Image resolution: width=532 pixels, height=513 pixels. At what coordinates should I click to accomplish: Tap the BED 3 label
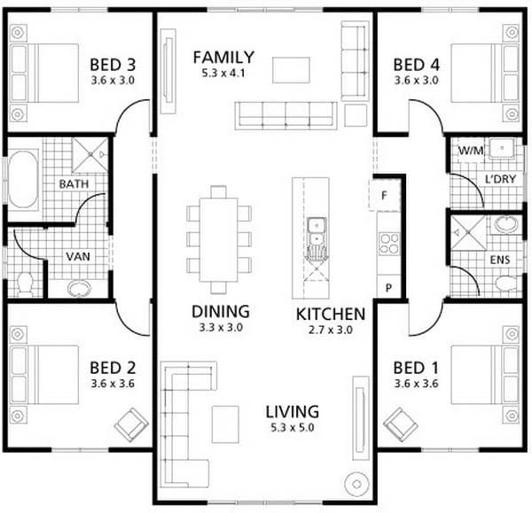(x=113, y=65)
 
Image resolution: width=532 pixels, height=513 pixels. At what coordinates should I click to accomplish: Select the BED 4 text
(x=415, y=65)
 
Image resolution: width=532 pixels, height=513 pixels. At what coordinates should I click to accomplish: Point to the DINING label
(x=220, y=312)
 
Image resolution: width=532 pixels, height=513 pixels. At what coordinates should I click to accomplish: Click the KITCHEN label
(x=330, y=314)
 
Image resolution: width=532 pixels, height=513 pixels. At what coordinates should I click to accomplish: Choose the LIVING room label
(x=292, y=411)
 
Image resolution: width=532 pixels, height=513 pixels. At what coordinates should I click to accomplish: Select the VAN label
(x=75, y=257)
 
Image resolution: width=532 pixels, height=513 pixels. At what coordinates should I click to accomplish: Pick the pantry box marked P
(x=387, y=289)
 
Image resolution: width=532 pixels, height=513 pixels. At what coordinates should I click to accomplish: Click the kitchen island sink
(x=316, y=233)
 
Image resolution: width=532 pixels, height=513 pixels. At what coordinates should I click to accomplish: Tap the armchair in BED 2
(x=131, y=424)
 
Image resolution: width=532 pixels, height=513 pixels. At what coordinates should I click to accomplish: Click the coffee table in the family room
(x=290, y=69)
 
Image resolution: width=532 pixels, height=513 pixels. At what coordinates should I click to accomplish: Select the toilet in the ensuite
(x=505, y=283)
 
